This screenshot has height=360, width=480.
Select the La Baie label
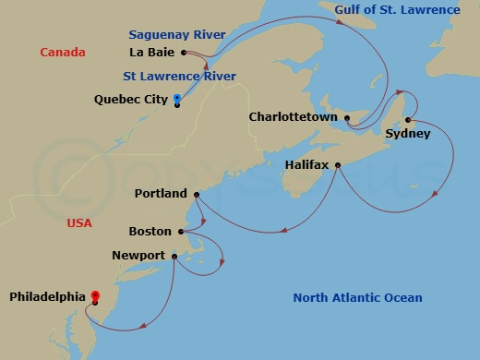tap(155, 52)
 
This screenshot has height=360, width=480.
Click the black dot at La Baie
tap(185, 52)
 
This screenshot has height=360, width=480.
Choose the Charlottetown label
tap(294, 117)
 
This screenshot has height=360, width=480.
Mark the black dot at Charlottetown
tap(347, 117)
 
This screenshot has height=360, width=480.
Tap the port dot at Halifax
tap(338, 166)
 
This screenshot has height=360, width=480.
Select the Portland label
tap(160, 194)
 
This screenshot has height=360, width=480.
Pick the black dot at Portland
tap(196, 194)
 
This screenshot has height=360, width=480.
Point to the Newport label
tap(138, 256)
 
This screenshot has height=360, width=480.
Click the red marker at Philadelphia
tap(94, 296)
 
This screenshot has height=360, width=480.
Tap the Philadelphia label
tap(48, 297)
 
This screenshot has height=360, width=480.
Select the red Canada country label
tap(63, 53)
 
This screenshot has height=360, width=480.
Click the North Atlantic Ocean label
tap(357, 297)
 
